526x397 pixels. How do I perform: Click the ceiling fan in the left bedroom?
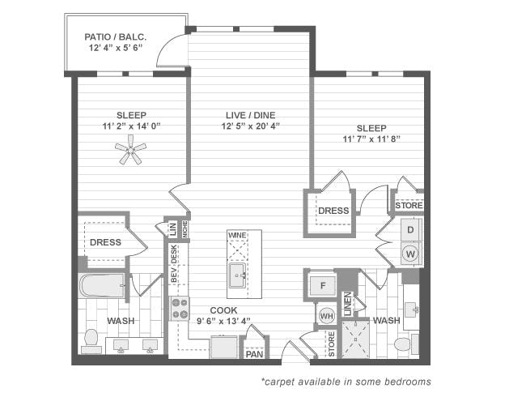click(130, 148)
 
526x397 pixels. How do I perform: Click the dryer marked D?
click(410, 231)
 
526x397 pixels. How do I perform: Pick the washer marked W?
click(410, 254)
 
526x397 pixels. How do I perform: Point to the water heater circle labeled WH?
click(325, 315)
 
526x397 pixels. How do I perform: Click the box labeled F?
click(321, 286)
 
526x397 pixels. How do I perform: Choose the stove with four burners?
click(180, 308)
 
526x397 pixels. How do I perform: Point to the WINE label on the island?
click(237, 235)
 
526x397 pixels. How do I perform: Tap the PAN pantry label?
click(254, 353)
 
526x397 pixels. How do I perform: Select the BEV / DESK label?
click(173, 266)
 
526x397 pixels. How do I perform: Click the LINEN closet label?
click(348, 305)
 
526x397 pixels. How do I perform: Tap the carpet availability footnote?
click(346, 381)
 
